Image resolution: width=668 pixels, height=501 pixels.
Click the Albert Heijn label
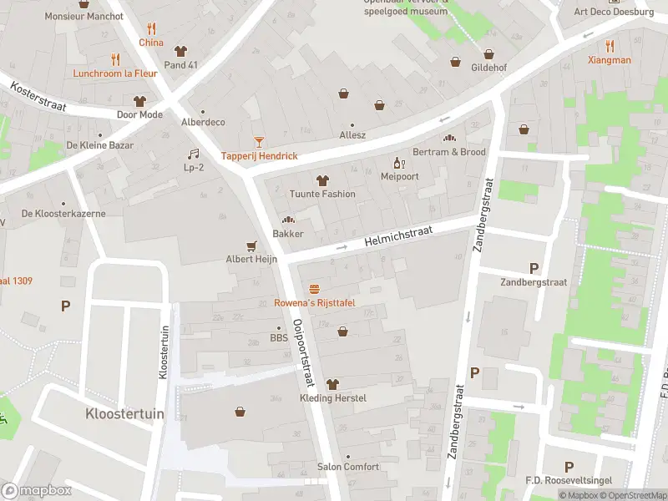coord(250,260)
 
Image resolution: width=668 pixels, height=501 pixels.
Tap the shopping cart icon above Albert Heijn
coord(250,245)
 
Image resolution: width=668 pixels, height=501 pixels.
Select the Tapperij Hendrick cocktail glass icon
coord(259,142)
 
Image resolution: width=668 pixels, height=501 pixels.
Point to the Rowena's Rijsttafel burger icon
coord(315,288)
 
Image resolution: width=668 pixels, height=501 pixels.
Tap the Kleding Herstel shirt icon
coord(332,383)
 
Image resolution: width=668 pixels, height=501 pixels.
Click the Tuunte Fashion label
coord(321,194)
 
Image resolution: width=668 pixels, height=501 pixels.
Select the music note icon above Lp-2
coord(194,154)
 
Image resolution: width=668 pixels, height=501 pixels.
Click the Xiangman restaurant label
coord(609,60)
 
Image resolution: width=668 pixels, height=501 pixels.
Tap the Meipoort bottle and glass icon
coord(398,162)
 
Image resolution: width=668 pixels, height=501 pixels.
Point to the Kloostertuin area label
coord(124,414)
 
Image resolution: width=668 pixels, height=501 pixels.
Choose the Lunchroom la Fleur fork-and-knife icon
coord(115,59)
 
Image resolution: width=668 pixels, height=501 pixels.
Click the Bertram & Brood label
coord(449,152)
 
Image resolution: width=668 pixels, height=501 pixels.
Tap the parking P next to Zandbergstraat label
coord(534,268)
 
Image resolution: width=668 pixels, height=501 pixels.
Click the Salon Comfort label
coord(347,467)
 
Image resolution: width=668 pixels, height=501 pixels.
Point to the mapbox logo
coord(37,491)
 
